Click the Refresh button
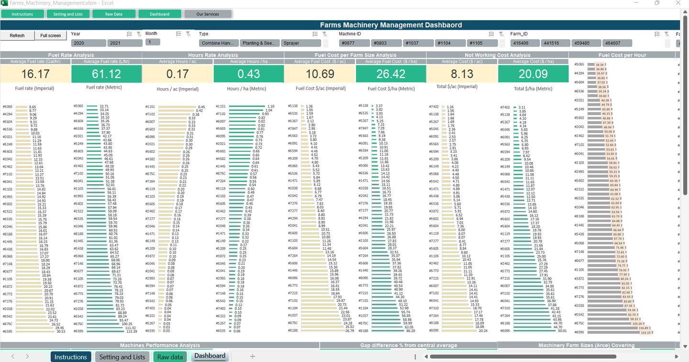point(17,35)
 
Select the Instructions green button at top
point(22,14)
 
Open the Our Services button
point(208,14)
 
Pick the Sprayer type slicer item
point(300,43)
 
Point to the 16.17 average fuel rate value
point(35,74)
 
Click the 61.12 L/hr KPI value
point(106,74)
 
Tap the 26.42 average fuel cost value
point(391,74)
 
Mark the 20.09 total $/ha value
point(533,74)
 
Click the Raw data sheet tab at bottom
point(170,357)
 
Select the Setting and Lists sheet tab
point(122,357)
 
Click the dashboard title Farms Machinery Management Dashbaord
point(391,25)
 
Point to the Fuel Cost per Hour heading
point(622,55)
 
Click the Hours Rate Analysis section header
point(213,55)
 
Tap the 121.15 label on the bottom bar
point(646,332)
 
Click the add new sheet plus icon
point(253,356)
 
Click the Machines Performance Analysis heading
point(160,345)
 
